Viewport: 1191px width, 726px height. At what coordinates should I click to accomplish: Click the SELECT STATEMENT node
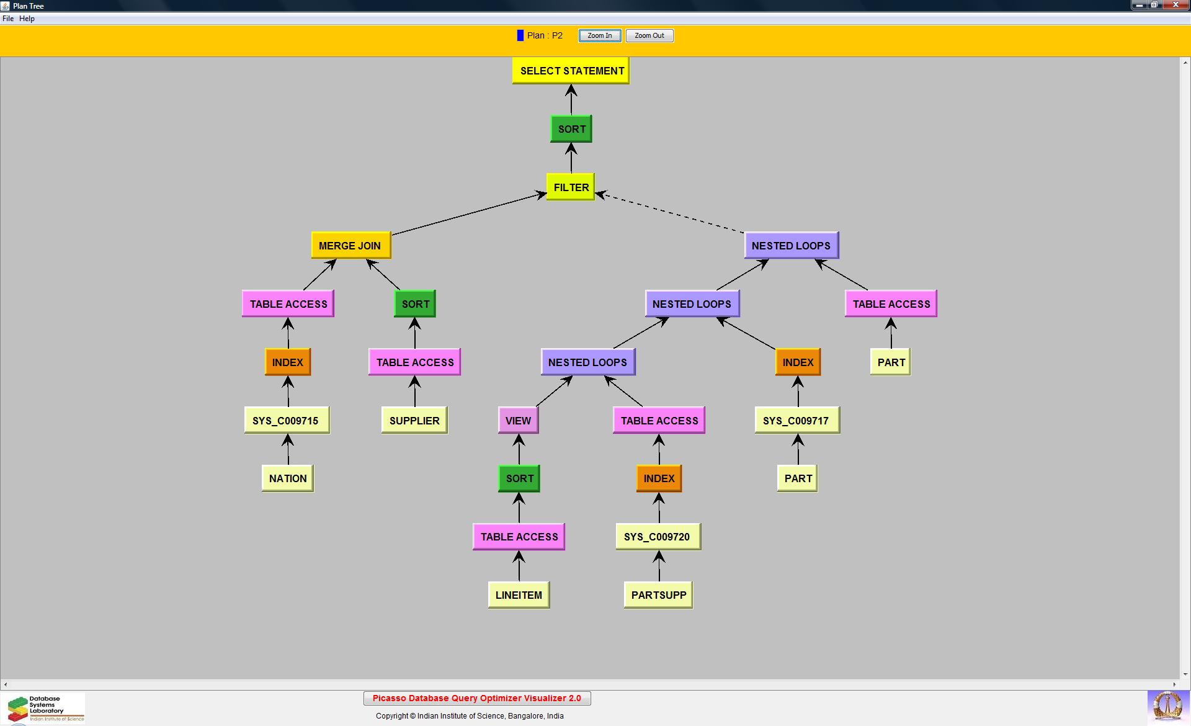(x=571, y=71)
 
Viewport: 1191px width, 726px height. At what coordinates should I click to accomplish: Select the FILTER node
(x=571, y=187)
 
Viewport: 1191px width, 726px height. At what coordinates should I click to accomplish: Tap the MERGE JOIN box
(x=350, y=246)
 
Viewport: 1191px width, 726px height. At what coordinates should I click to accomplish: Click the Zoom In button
(x=599, y=35)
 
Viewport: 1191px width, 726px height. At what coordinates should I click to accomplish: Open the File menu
(x=8, y=19)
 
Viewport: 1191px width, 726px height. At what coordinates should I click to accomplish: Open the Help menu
(x=27, y=19)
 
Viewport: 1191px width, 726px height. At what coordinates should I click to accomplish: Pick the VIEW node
(x=518, y=421)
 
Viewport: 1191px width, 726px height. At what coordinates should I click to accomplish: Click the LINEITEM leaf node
(x=519, y=595)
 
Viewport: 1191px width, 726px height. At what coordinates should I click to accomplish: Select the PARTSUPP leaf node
(x=658, y=595)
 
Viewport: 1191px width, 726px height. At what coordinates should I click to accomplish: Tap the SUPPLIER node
(x=414, y=421)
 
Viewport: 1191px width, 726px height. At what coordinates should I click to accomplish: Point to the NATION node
(x=288, y=478)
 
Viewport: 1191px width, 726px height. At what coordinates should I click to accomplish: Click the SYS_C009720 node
(x=658, y=537)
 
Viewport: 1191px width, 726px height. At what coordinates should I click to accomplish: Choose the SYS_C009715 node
(x=286, y=421)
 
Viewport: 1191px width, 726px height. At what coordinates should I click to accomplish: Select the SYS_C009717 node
(x=796, y=421)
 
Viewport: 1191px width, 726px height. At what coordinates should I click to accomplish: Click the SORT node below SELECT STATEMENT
(x=571, y=129)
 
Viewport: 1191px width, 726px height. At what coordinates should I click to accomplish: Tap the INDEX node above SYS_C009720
(x=659, y=478)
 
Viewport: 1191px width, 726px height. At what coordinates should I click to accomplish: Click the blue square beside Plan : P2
(x=520, y=35)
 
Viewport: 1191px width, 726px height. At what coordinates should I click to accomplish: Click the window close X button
(x=1175, y=5)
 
